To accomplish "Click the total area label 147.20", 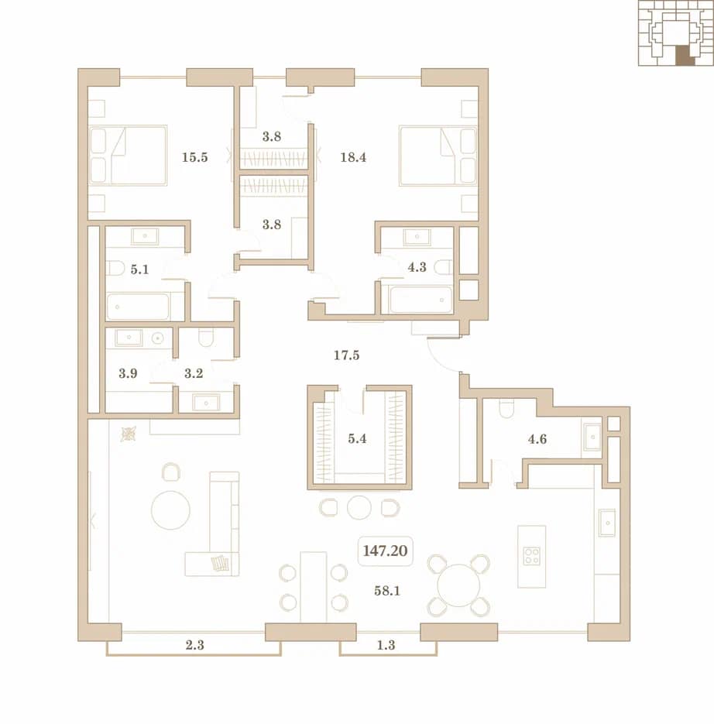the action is click(385, 551).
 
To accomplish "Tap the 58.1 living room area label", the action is click(387, 591).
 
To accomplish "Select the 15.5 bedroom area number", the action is click(194, 157).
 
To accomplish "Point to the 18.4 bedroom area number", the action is click(353, 157).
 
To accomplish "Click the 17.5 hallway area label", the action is click(346, 355).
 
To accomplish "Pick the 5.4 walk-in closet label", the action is click(357, 438).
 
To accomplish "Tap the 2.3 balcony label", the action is click(194, 645).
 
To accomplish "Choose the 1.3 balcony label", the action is click(386, 645).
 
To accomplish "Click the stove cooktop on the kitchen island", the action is click(531, 556).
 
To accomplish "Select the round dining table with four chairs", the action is click(458, 585).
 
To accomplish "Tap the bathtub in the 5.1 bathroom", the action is click(138, 307).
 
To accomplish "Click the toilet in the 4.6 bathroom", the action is click(506, 409).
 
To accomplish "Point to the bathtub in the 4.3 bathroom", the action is click(421, 300).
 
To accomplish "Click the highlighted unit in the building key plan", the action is click(685, 56).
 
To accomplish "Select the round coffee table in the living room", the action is click(170, 510).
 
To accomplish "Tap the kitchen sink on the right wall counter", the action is click(607, 523).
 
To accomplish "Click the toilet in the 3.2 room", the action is click(206, 338).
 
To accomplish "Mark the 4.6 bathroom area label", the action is click(537, 438).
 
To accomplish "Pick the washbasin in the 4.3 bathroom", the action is click(417, 237).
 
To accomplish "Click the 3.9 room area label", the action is click(128, 373).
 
